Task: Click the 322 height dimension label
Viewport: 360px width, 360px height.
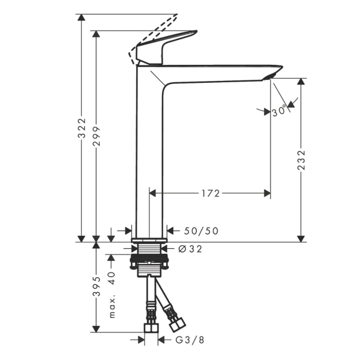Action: pyautogui.click(x=82, y=128)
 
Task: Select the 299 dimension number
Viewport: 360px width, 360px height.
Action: pyautogui.click(x=97, y=136)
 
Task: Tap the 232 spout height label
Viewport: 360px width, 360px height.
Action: pyautogui.click(x=301, y=160)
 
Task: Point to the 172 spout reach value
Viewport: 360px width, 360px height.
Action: pyautogui.click(x=211, y=194)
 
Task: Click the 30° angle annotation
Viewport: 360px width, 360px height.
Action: pyautogui.click(x=280, y=111)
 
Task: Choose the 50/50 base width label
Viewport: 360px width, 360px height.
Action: pyautogui.click(x=201, y=231)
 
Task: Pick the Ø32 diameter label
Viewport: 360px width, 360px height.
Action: pyautogui.click(x=190, y=249)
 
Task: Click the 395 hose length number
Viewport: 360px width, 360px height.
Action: pyautogui.click(x=97, y=286)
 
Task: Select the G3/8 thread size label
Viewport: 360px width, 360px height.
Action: pyautogui.click(x=190, y=340)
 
